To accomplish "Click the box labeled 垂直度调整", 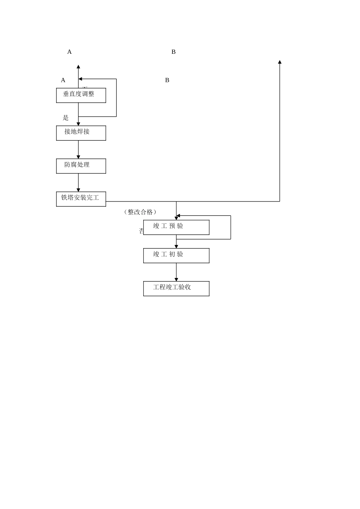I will (x=81, y=95).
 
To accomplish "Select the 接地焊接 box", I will (x=81, y=133).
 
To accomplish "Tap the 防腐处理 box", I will (x=81, y=166).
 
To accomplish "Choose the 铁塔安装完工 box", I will (x=81, y=199).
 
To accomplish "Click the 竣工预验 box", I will (x=176, y=227).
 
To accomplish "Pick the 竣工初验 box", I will (x=176, y=256).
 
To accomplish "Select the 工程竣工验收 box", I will (x=176, y=289).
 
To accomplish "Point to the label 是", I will (x=66, y=118).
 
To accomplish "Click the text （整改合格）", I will (x=140, y=212).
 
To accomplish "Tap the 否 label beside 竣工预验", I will (x=141, y=231).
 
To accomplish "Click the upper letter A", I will (x=69, y=52).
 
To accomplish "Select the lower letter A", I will (x=63, y=80).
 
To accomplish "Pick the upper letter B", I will (x=174, y=52).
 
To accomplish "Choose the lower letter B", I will (x=167, y=80).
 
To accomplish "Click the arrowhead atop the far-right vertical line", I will (x=280, y=62).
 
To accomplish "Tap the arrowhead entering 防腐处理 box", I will (x=78, y=157).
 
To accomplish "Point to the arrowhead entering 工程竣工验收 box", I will (x=176, y=279).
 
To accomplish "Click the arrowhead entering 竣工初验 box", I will (x=176, y=247).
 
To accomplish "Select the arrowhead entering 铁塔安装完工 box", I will (x=78, y=190).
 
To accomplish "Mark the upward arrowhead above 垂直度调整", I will (x=78, y=67).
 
